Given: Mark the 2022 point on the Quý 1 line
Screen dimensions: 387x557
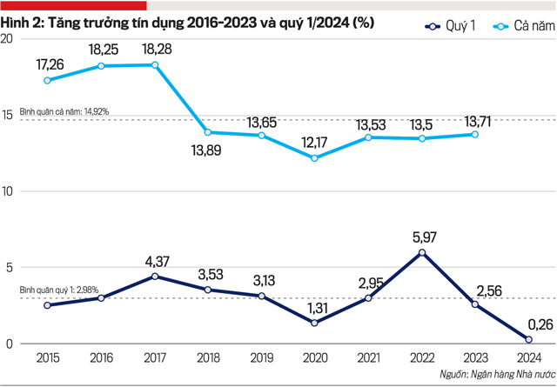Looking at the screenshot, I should (422, 253).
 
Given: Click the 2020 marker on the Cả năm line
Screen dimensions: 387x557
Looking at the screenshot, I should (315, 158).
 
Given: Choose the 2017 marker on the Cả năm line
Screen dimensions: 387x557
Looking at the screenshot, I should (155, 65).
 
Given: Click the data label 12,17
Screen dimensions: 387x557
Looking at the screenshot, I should (315, 141).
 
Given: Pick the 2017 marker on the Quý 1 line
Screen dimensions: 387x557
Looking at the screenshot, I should (155, 277).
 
